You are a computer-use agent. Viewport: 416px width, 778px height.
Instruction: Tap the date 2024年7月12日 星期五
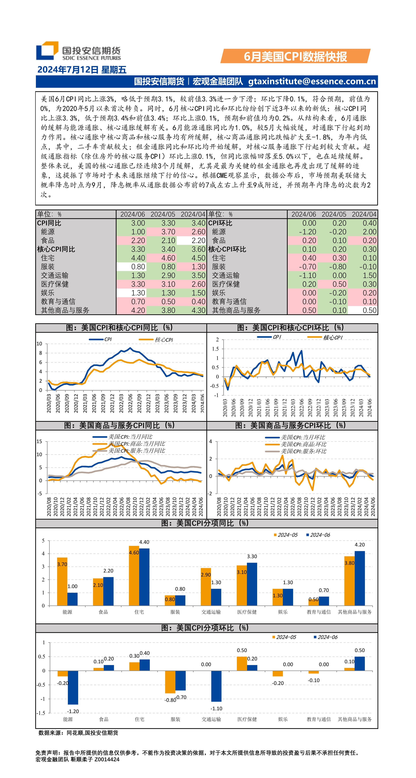(x=82, y=70)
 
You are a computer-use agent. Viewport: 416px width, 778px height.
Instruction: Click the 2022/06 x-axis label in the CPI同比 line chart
(x=130, y=403)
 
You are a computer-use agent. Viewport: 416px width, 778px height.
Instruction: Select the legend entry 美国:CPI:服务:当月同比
(x=136, y=451)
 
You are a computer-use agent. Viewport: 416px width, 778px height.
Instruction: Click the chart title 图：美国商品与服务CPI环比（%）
(x=290, y=426)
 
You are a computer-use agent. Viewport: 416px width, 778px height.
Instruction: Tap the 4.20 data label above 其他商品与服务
(x=359, y=545)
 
